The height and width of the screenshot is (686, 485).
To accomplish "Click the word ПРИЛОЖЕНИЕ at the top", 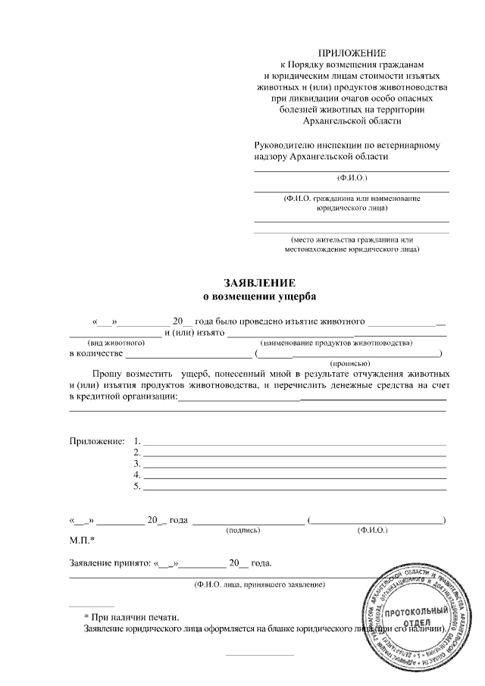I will pyautogui.click(x=351, y=53).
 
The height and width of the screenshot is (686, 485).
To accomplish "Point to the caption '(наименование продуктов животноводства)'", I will pyautogui.click(x=336, y=343).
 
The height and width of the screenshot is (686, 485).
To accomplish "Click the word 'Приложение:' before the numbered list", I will pyautogui.click(x=96, y=441).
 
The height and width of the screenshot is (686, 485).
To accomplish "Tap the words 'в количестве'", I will pyautogui.click(x=95, y=353).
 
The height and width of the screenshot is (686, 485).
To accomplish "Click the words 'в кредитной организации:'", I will pyautogui.click(x=122, y=396).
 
